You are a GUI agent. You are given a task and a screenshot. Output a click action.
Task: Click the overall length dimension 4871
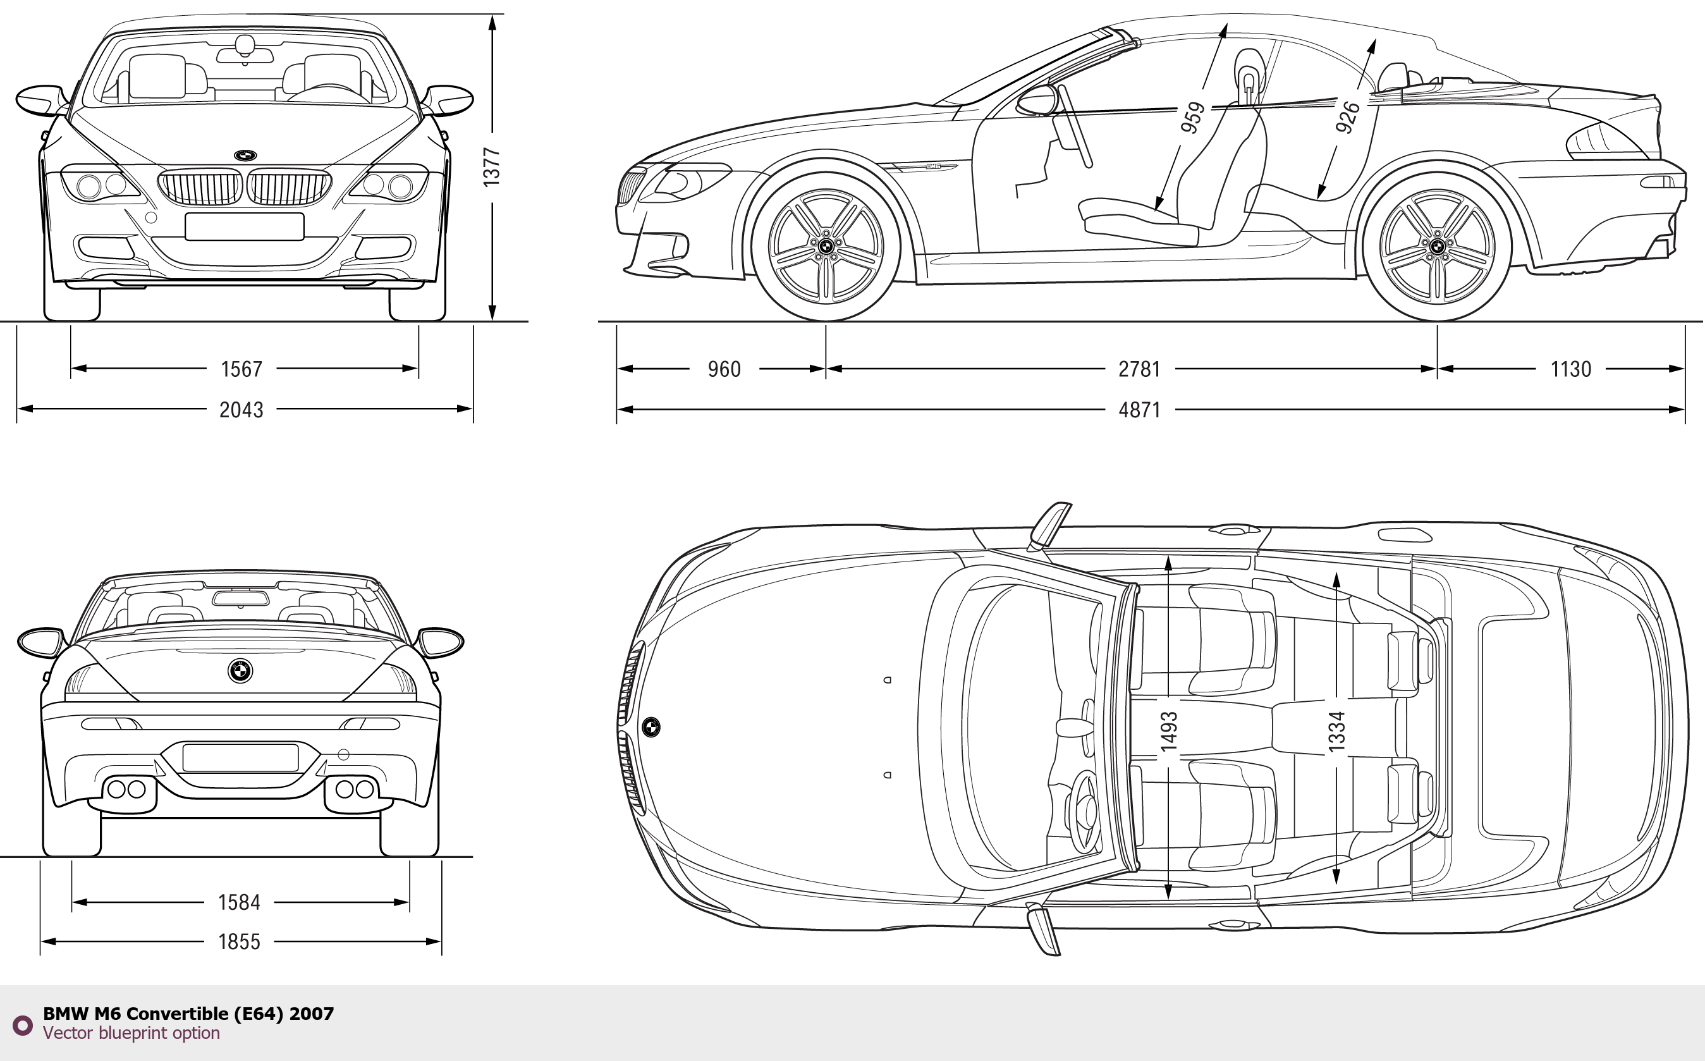(1139, 409)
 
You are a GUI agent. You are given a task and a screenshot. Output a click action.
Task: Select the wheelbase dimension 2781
(1139, 369)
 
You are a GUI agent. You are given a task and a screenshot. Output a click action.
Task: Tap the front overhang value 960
(723, 369)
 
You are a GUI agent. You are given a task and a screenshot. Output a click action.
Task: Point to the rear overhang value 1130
(1570, 369)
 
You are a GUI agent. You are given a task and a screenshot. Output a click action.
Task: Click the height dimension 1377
(492, 167)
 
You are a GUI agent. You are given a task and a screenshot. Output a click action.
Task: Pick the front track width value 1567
(241, 369)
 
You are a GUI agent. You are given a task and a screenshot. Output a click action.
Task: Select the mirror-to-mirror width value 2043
(241, 409)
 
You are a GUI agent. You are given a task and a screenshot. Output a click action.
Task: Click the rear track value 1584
(239, 902)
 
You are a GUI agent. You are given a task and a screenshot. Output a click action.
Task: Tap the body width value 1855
(239, 941)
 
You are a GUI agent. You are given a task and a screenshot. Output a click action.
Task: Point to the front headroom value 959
(1192, 117)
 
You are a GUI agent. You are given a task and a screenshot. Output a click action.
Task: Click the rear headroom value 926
(1347, 117)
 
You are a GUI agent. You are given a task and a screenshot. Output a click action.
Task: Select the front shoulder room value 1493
(1168, 731)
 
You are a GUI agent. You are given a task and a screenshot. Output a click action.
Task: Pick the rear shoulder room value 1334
(1336, 731)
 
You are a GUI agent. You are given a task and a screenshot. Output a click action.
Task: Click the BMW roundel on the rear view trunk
(240, 670)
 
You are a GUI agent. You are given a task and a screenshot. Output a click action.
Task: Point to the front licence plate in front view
(244, 226)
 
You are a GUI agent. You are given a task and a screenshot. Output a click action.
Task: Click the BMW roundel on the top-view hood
(651, 727)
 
